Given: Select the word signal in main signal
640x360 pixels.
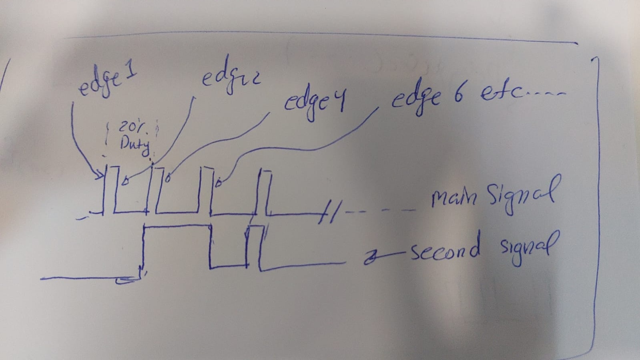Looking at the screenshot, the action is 520,195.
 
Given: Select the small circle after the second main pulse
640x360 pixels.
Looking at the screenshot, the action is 169,177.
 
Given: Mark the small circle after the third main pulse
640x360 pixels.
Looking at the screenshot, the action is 218,183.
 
